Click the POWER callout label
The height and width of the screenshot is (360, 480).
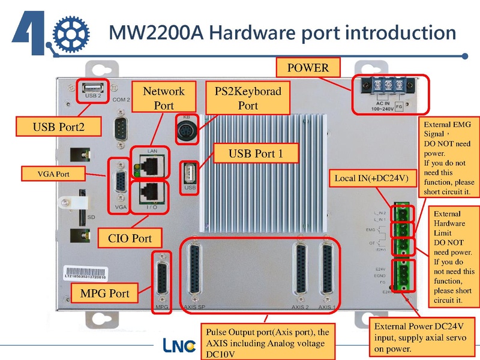click(x=308, y=68)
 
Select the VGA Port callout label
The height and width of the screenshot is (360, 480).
click(x=51, y=175)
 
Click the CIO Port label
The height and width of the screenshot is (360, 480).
click(x=130, y=238)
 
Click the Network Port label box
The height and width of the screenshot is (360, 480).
click(x=163, y=98)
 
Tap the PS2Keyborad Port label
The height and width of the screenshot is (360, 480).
click(x=248, y=98)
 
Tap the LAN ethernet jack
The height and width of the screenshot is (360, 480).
click(x=151, y=163)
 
